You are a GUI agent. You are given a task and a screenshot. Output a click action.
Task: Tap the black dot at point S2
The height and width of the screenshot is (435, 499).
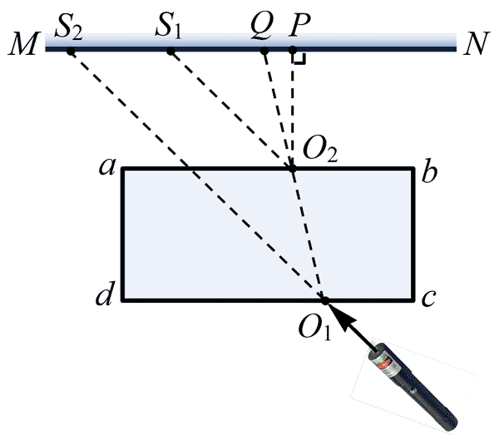click(x=72, y=52)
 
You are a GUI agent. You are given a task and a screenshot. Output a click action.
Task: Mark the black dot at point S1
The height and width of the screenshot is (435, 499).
click(x=171, y=52)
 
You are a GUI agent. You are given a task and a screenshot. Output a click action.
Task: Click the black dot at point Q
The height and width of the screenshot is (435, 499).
click(x=264, y=52)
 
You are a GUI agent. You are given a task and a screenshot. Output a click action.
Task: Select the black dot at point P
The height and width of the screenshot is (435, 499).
click(x=293, y=52)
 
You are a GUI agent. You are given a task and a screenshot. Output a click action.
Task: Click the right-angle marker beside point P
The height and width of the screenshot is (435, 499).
click(x=301, y=59)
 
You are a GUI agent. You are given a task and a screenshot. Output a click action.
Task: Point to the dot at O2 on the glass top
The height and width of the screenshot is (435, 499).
click(x=292, y=169)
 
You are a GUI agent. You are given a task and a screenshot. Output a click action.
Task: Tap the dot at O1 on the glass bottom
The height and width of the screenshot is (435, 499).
click(x=325, y=299)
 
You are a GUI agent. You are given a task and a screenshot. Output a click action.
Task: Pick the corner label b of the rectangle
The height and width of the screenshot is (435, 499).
click(x=429, y=171)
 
